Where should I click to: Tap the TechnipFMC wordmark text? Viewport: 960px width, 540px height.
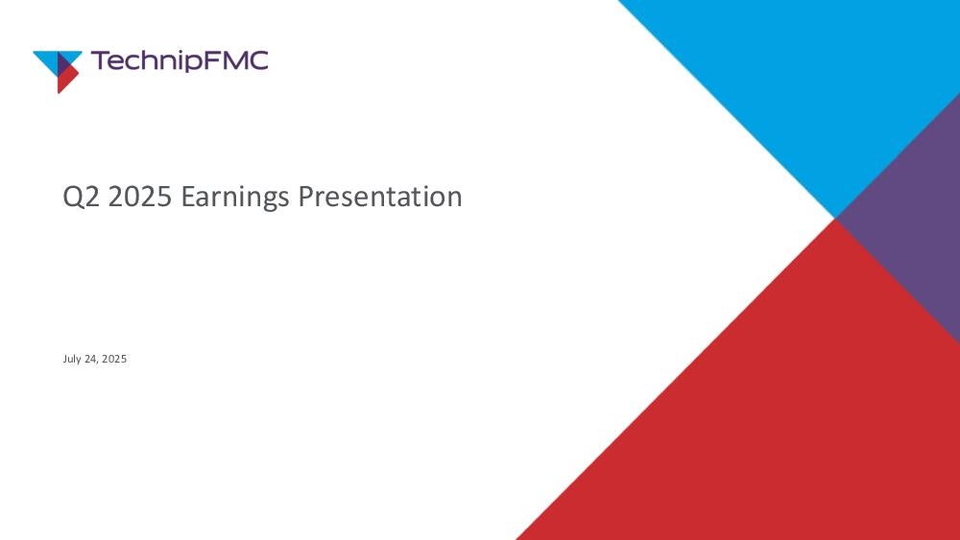coord(180,61)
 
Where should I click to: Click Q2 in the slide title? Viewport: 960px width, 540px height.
coord(81,197)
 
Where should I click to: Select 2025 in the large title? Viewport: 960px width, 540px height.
coord(139,197)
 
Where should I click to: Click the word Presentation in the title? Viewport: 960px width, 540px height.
coord(380,197)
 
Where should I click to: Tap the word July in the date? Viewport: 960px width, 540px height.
coord(72,359)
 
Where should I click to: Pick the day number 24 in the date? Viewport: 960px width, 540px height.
coord(91,359)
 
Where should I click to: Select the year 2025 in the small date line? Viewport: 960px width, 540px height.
coord(114,359)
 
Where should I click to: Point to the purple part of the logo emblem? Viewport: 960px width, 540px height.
coord(63,62)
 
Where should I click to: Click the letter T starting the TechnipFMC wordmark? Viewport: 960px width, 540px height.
coord(100,60)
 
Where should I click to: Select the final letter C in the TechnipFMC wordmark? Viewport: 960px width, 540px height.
coord(258,60)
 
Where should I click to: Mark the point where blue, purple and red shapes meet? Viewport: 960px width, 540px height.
coord(835,219)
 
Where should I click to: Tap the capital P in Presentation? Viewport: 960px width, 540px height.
coord(305,197)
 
